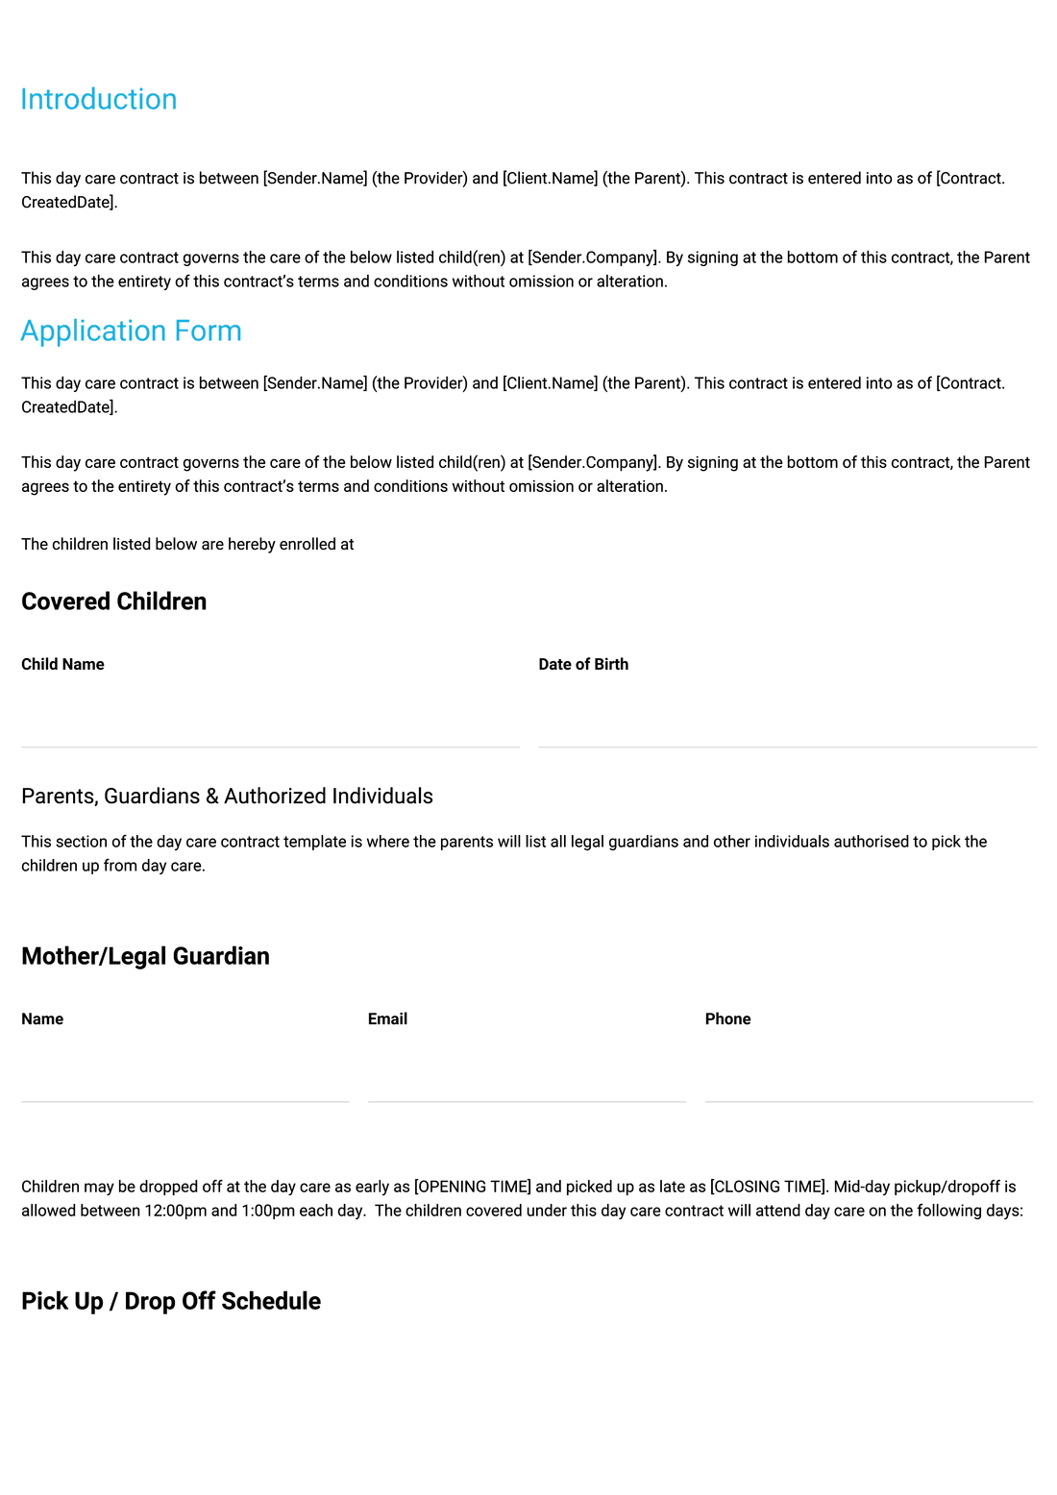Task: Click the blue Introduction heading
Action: tap(99, 100)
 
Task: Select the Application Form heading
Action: tap(131, 331)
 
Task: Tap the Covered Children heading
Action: tap(113, 601)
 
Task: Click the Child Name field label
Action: tap(62, 665)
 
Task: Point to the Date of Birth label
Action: tap(583, 665)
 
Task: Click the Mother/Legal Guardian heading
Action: tap(145, 956)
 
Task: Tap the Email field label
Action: tap(387, 1019)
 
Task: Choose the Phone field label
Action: tap(727, 1019)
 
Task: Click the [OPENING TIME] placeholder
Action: tap(472, 1188)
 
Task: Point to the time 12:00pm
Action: tap(176, 1212)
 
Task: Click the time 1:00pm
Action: tap(267, 1212)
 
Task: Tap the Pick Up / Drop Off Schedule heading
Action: tap(171, 1301)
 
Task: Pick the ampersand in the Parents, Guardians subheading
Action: tap(212, 797)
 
